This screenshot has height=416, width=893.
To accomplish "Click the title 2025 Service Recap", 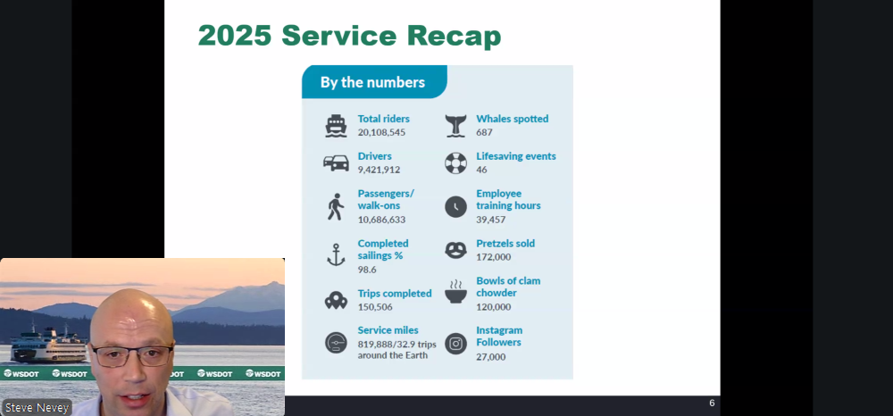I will tap(349, 36).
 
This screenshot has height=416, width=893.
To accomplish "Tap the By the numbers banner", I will tap(372, 83).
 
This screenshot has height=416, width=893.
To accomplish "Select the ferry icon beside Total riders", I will tap(336, 125).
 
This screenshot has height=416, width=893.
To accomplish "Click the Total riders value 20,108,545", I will tap(382, 132).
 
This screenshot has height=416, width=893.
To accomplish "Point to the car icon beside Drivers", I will tap(336, 162).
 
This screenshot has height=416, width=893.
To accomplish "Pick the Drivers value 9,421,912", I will tap(379, 170).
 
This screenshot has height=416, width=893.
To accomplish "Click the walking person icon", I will tap(336, 206).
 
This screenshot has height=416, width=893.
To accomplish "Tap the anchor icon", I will tap(336, 255).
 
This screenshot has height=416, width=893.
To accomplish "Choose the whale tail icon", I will tap(455, 125).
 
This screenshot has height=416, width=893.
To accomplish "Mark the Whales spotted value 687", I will tap(485, 132).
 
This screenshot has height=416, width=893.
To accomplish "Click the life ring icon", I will tap(455, 162).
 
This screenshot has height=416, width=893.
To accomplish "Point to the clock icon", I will tap(455, 206).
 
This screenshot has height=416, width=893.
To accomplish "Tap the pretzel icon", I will tap(455, 250).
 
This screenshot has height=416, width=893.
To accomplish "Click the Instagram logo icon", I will tap(455, 343).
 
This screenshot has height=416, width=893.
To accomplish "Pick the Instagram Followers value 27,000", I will tap(491, 356).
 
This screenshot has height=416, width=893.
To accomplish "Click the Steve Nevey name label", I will tap(36, 407).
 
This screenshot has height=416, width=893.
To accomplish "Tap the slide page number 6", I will tap(712, 403).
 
